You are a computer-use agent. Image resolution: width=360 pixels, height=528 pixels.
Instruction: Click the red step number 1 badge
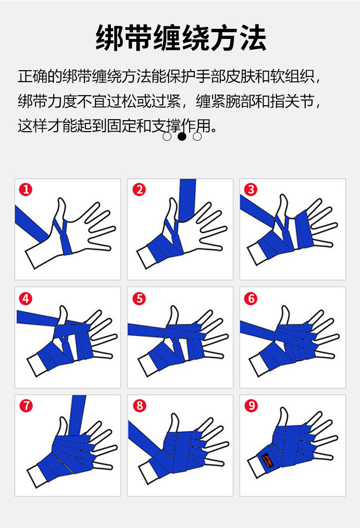pyautogui.click(x=25, y=189)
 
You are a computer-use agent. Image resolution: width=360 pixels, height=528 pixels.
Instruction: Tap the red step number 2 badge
pyautogui.click(x=139, y=189)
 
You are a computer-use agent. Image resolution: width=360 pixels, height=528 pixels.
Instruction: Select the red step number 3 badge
pyautogui.click(x=251, y=189)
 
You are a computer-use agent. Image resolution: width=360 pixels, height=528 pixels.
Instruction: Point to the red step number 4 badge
pyautogui.click(x=25, y=298)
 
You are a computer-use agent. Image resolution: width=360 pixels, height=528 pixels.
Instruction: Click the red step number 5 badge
pyautogui.click(x=139, y=298)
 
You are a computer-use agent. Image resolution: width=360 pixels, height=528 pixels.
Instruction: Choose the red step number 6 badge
pyautogui.click(x=251, y=298)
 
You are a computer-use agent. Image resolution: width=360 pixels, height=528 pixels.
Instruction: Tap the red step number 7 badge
pyautogui.click(x=26, y=405)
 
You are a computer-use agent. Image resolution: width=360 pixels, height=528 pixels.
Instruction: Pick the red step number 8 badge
pyautogui.click(x=139, y=405)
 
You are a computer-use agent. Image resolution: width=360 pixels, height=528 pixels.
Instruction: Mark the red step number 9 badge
pyautogui.click(x=251, y=405)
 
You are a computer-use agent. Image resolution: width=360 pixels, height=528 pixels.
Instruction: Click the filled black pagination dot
pyautogui.click(x=182, y=136)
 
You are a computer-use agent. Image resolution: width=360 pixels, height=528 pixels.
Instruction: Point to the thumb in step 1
pyautogui.click(x=61, y=210)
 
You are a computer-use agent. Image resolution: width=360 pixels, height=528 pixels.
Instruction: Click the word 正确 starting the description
pyautogui.click(x=33, y=76)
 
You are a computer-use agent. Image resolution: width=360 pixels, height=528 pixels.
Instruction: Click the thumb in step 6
pyautogui.click(x=285, y=315)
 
